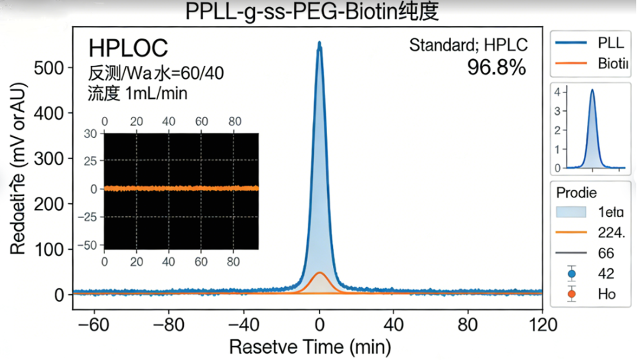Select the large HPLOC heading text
tap(128, 48)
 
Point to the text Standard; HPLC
tap(468, 45)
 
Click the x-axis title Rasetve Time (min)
tap(310, 347)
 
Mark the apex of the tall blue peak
tap(319, 43)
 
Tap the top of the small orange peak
tap(319, 273)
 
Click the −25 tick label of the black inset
tap(90, 217)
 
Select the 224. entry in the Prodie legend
tap(610, 232)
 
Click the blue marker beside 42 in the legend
tap(571, 274)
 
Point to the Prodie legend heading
tap(576, 192)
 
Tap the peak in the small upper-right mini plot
tap(592, 90)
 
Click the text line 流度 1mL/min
tap(137, 93)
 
